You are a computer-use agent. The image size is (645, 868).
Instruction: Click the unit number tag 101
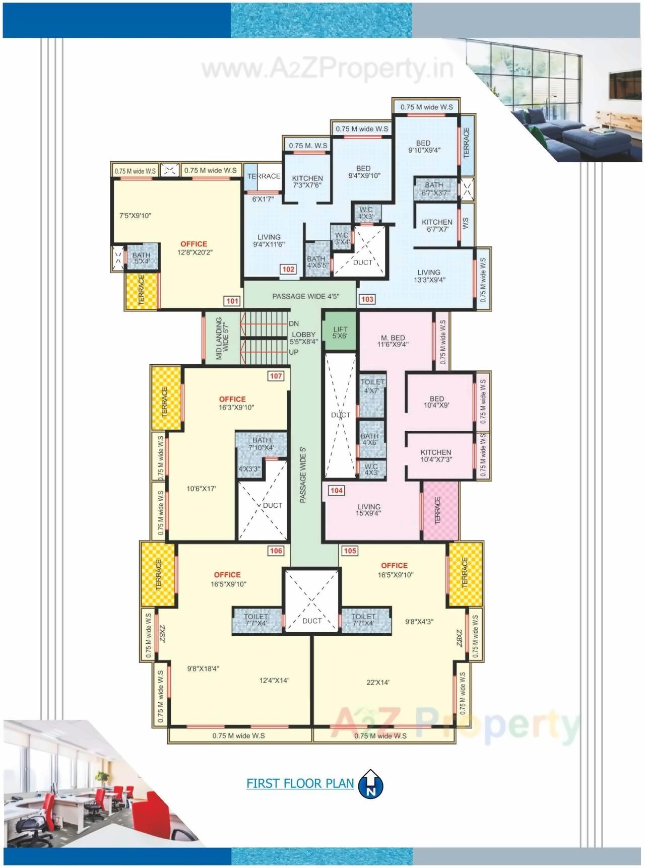pyautogui.click(x=232, y=301)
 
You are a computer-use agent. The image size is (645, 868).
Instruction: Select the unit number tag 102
pyautogui.click(x=288, y=270)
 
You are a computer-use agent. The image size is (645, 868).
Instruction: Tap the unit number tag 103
pyautogui.click(x=367, y=299)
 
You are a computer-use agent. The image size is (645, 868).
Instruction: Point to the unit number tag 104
pyautogui.click(x=337, y=491)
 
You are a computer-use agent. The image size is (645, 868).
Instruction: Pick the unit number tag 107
pyautogui.click(x=276, y=376)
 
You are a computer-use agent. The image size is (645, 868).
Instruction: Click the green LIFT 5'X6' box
pyautogui.click(x=340, y=332)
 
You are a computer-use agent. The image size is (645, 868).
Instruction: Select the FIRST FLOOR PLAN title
pyautogui.click(x=300, y=783)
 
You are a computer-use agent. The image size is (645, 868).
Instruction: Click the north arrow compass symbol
pyautogui.click(x=371, y=784)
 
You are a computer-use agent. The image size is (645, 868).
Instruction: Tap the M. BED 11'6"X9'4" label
pyautogui.click(x=393, y=341)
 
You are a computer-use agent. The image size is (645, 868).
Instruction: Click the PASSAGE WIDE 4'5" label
pyautogui.click(x=306, y=296)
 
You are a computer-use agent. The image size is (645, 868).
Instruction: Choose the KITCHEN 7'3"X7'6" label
pyautogui.click(x=307, y=181)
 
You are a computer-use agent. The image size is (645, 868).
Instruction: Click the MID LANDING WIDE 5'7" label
pyautogui.click(x=222, y=338)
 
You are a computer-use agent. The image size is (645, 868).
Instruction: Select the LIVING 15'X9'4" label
pyautogui.click(x=369, y=510)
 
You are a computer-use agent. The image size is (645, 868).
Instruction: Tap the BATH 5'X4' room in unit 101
pyautogui.click(x=141, y=258)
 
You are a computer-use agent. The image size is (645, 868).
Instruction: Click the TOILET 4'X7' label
pyautogui.click(x=372, y=386)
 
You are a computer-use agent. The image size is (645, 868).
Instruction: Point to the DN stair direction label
pyautogui.click(x=294, y=323)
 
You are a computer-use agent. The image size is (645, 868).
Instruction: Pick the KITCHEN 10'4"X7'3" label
pyautogui.click(x=436, y=455)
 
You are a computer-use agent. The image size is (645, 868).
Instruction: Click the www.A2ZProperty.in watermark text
pyautogui.click(x=328, y=69)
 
